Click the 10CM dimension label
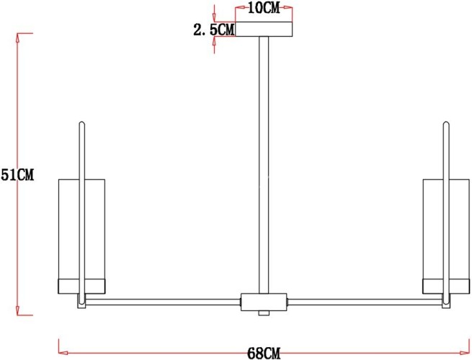264,9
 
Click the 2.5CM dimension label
214,30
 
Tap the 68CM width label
264,352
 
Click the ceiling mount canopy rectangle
264,30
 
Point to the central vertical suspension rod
264,166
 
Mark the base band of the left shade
81,286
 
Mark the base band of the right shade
445,286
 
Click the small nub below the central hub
264,312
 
